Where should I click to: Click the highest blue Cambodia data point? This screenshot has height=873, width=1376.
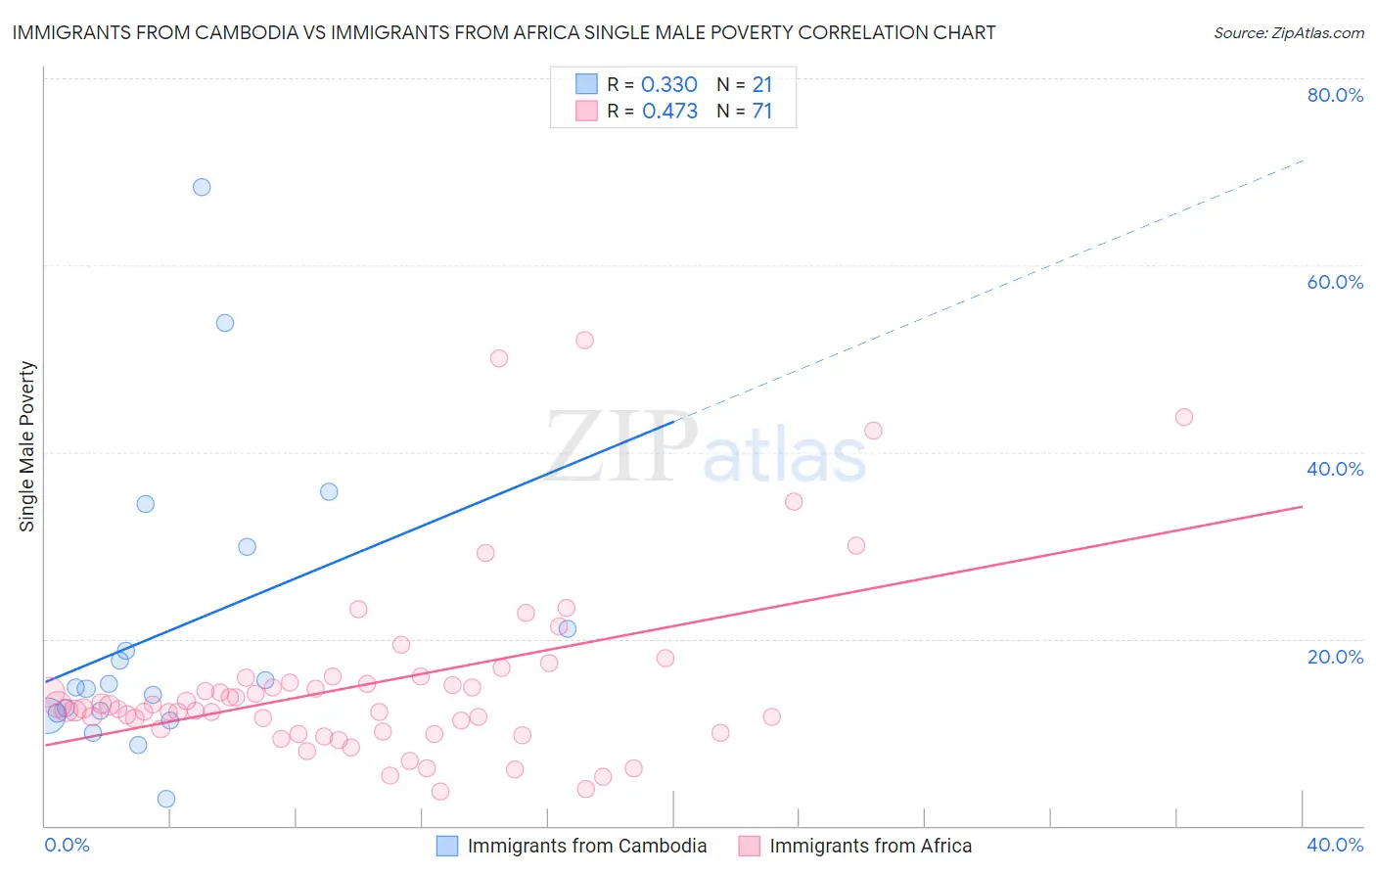point(202,187)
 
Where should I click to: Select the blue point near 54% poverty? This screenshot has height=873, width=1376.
point(225,323)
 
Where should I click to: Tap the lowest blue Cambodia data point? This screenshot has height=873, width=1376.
point(166,799)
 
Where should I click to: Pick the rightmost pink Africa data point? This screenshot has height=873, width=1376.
point(1184,417)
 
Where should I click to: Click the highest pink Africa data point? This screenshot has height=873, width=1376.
point(584,341)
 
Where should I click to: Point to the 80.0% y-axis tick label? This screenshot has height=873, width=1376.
point(1335,95)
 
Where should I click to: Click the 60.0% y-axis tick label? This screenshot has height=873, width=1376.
point(1335,282)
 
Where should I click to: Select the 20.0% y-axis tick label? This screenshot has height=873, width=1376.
point(1335,656)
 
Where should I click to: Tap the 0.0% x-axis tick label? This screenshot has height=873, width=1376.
point(68,845)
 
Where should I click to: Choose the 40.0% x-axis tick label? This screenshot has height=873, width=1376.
point(1335,845)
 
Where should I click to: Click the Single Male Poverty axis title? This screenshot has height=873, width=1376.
point(27,446)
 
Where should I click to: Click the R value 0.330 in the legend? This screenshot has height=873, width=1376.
point(669,85)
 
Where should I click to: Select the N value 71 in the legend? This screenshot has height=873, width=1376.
point(762,112)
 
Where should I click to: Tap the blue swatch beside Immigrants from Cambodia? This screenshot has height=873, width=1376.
point(447,846)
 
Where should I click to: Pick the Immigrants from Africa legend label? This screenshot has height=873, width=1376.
point(870,846)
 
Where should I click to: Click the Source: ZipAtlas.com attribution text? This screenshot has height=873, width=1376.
point(1288,33)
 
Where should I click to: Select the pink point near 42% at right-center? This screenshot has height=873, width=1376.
point(873,431)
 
